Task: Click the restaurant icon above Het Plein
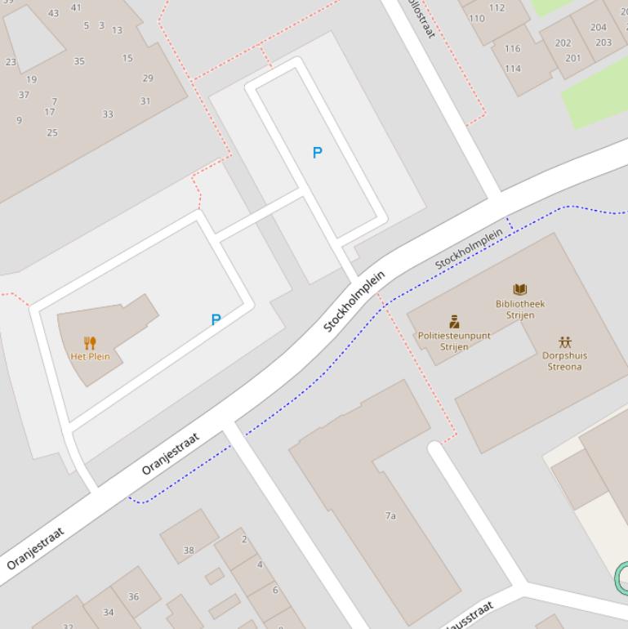[90, 343]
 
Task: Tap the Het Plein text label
[90, 356]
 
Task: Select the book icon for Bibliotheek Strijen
[520, 289]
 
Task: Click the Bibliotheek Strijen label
[520, 309]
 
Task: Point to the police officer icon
[454, 322]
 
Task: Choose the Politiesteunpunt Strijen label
[454, 341]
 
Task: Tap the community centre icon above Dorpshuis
[565, 341]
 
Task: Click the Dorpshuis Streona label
[564, 361]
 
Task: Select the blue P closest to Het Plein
[216, 319]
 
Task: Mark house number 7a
[390, 515]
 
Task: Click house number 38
[189, 550]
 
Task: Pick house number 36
[133, 596]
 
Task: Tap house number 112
[497, 8]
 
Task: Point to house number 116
[512, 48]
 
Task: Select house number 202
[563, 42]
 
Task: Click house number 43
[53, 13]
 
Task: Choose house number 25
[52, 132]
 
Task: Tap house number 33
[108, 114]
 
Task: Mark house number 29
[148, 78]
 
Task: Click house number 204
[599, 27]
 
